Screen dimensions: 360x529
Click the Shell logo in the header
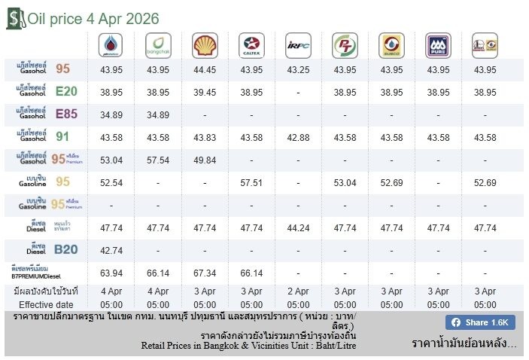point(205,45)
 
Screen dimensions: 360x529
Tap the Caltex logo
point(251,45)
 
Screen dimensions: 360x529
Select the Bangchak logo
point(158,45)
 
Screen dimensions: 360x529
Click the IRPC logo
point(298,45)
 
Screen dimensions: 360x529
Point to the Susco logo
point(391,45)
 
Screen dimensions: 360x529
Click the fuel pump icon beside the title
point(15,18)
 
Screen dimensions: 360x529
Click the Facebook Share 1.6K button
point(479,322)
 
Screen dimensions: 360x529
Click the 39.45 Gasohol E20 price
point(205,93)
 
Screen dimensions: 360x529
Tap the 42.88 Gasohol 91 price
point(298,137)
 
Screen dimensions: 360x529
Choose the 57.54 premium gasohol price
point(158,160)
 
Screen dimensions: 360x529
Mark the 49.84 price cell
point(205,160)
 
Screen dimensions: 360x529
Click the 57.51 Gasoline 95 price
point(251,182)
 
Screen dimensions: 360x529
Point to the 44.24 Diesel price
point(298,227)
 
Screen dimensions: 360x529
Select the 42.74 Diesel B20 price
point(111,249)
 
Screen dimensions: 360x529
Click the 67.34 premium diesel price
point(205,273)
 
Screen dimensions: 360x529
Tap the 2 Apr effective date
point(298,290)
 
